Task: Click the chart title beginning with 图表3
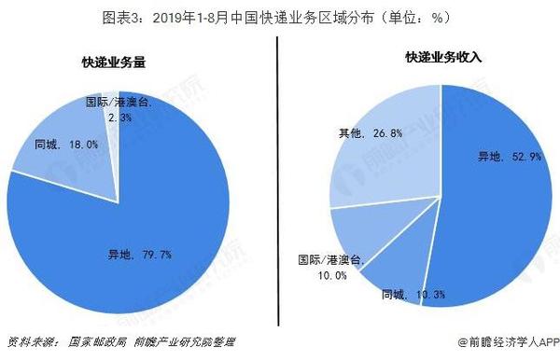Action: click(x=279, y=16)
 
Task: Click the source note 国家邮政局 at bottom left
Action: click(x=94, y=341)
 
